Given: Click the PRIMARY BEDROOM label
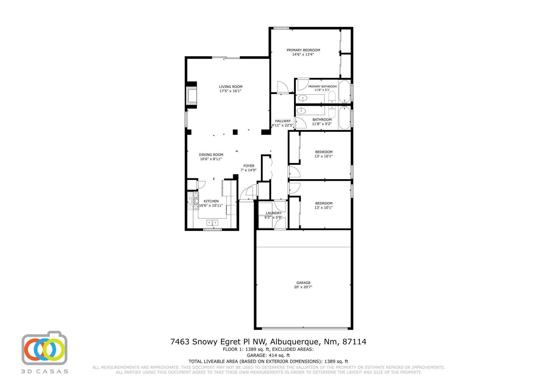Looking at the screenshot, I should click(303, 50).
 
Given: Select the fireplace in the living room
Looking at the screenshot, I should click(192, 95).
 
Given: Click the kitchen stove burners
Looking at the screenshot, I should click(193, 201).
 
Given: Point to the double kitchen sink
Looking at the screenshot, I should click(212, 223).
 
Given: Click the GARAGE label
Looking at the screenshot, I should click(303, 283).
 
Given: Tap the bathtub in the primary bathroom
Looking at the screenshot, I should click(344, 91).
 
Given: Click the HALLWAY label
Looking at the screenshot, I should click(283, 121).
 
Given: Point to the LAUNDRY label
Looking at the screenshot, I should click(273, 213).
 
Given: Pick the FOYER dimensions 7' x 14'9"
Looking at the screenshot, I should click(249, 170).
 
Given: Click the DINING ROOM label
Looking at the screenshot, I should click(211, 155).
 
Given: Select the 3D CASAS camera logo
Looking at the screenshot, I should click(45, 348).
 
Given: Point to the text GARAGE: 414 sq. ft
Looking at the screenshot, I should click(268, 355).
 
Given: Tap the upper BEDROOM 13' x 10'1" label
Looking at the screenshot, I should click(324, 154).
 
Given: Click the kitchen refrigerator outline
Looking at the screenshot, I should click(226, 188).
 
